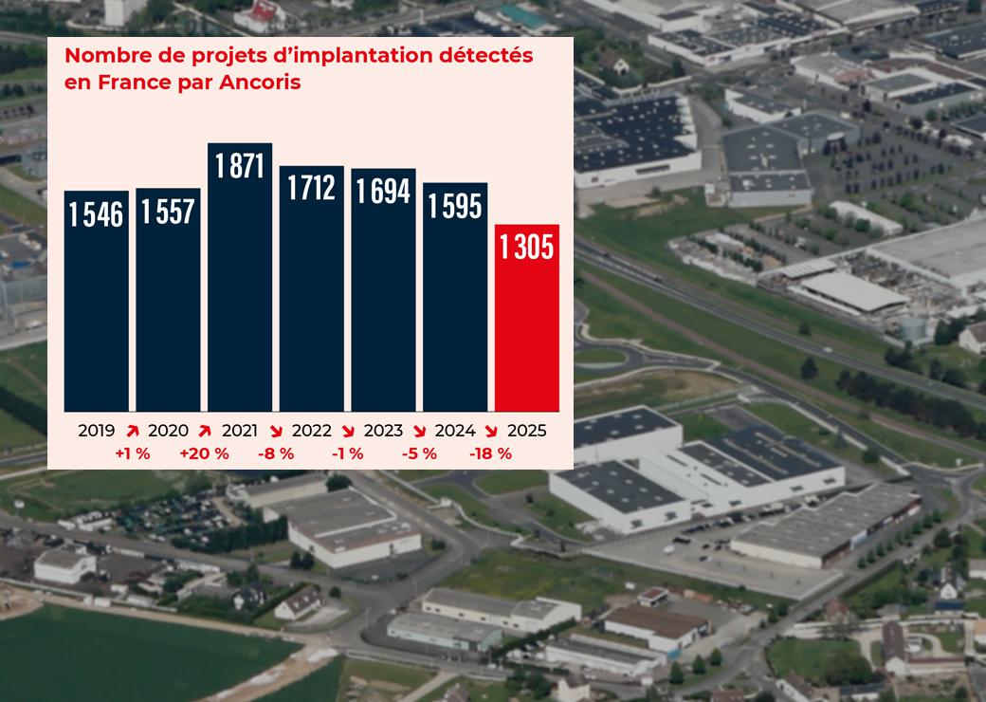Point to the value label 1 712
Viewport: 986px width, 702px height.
312,188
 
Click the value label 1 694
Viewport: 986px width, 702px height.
383,191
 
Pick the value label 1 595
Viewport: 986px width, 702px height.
455,205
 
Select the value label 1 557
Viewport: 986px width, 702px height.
168,212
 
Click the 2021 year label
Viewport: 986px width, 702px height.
240,431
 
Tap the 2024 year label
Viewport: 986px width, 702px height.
455,431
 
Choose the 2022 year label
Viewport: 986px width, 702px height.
312,431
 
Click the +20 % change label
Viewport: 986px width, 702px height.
204,453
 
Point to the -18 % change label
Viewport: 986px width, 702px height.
490,453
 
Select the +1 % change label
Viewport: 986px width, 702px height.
133,453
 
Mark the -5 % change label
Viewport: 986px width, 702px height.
418,453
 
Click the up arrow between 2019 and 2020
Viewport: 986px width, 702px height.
132,431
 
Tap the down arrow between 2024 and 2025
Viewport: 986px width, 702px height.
491,431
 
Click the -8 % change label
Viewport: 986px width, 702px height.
276,453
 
